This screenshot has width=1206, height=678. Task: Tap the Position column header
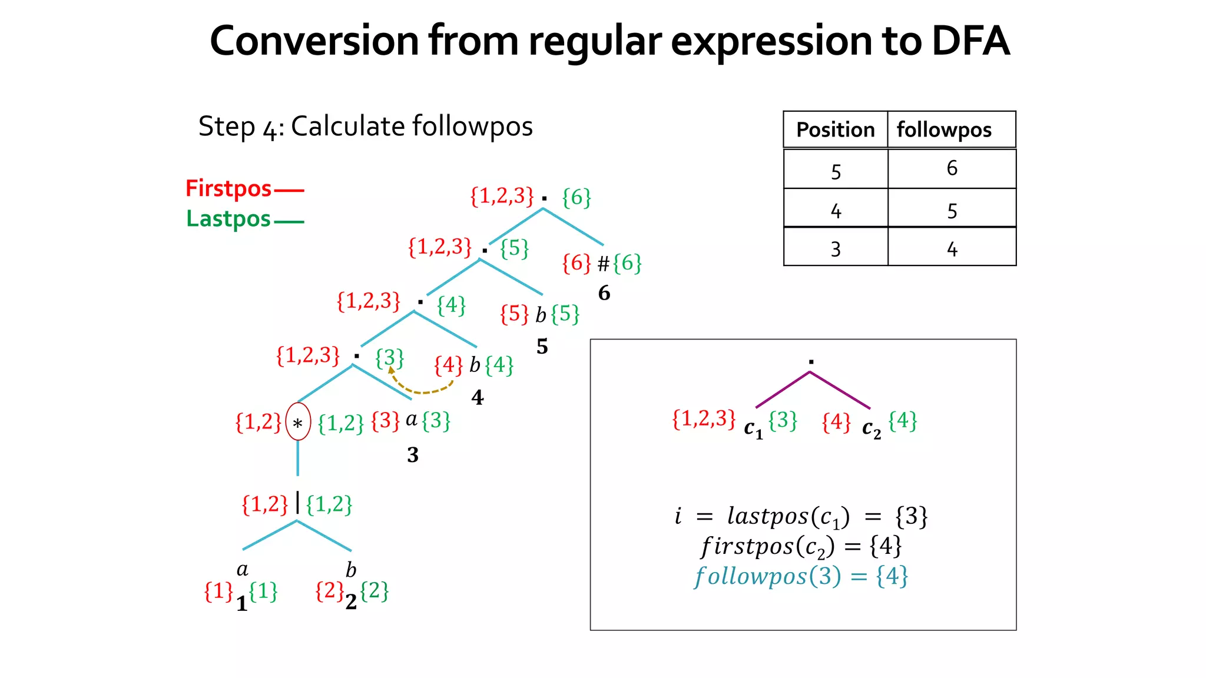[x=835, y=129]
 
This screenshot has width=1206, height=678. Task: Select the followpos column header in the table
[x=944, y=129]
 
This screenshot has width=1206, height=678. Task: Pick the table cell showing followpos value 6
[x=952, y=168]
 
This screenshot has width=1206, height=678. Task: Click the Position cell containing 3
[x=836, y=250]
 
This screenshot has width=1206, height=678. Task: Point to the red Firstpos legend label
[x=228, y=188]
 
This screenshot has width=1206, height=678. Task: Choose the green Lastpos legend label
[x=228, y=219]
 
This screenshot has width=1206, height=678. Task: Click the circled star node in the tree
[x=298, y=422]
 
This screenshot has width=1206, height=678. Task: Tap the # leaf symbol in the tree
[x=603, y=264]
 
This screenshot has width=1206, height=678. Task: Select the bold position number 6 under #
[x=604, y=293]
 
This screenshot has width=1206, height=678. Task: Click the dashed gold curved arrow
[x=420, y=386]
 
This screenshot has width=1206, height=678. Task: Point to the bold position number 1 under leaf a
[x=241, y=603]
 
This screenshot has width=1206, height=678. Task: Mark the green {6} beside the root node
[x=577, y=198]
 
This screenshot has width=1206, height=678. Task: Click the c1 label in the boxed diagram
[x=753, y=428]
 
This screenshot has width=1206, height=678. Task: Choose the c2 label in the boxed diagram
[x=872, y=428]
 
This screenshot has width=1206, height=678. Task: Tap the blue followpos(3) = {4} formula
[x=801, y=576]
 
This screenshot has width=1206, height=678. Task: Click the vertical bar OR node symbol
[x=297, y=503]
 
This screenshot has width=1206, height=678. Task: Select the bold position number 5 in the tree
[x=542, y=347]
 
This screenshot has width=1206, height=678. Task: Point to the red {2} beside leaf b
[x=329, y=591]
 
